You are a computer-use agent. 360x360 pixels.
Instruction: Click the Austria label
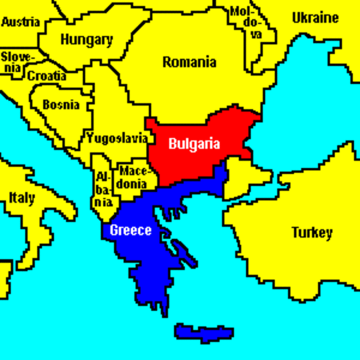point(21,22)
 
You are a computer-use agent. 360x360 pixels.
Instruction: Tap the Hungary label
point(87,40)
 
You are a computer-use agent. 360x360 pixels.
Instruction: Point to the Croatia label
point(46,76)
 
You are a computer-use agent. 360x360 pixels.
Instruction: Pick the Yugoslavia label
point(117,138)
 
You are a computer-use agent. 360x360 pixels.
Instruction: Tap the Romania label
point(189,61)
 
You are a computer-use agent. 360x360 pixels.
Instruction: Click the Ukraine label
point(315,17)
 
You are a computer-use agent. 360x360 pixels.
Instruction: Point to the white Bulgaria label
point(194,142)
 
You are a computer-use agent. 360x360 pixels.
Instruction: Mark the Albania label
point(103,189)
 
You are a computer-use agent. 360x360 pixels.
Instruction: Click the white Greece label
point(131,230)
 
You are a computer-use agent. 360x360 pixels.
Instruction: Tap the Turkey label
point(311,232)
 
